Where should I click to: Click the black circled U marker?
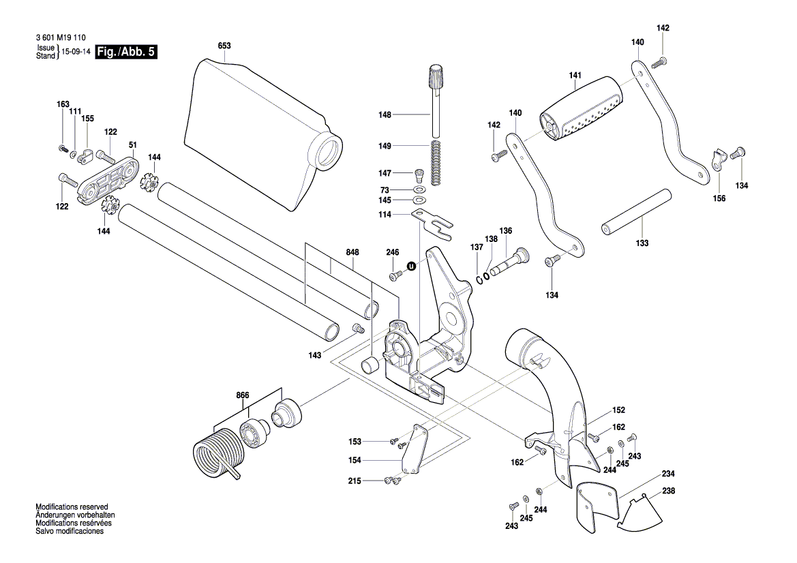(x=411, y=266)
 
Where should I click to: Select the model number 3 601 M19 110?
(x=59, y=40)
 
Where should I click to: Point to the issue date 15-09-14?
(x=76, y=52)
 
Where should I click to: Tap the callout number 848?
(x=352, y=252)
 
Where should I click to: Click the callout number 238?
(x=668, y=491)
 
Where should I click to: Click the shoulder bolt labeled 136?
(x=508, y=262)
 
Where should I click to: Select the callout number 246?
(x=392, y=253)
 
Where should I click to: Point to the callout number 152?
(x=618, y=410)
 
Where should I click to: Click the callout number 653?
(x=224, y=46)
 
